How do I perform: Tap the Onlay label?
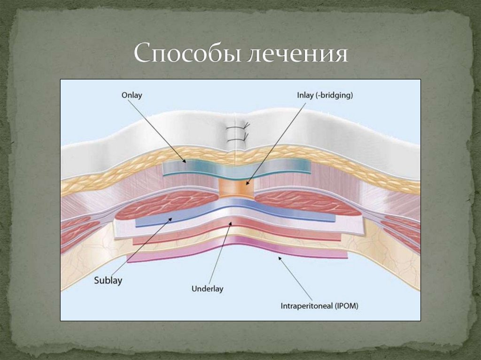pos(132,95)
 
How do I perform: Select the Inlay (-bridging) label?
pos(325,95)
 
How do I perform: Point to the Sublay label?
pos(108,281)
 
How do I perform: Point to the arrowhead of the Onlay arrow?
pos(185,161)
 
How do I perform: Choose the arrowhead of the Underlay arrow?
pos(230,223)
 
